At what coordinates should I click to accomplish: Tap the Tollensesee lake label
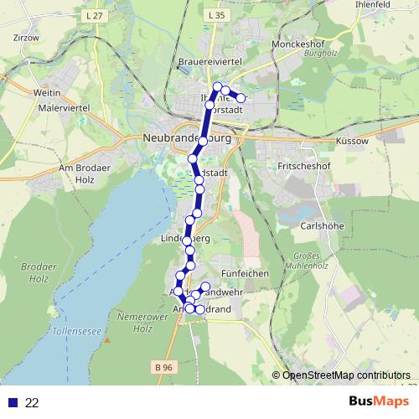tap(76, 333)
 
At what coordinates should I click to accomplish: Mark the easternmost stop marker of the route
tap(241, 98)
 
